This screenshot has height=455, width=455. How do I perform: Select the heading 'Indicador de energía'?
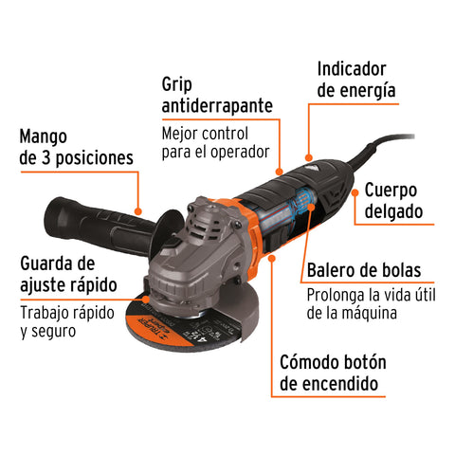pos(355,80)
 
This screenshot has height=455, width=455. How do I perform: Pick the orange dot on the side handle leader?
pos(138,211)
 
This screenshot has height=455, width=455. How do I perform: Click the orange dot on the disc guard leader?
pos(144,301)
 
